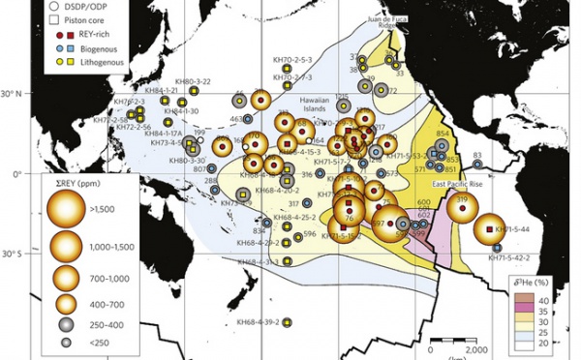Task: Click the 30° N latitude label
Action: coord(15,93)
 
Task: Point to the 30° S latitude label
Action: coord(15,255)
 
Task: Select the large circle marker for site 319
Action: coord(461,206)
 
